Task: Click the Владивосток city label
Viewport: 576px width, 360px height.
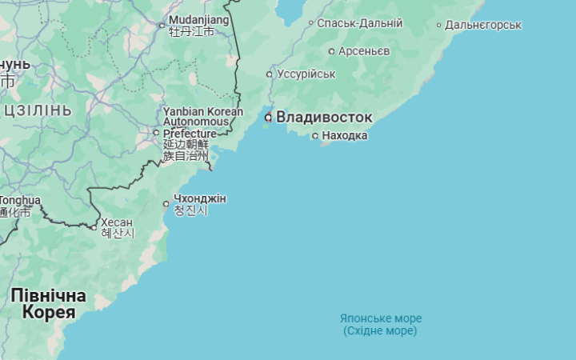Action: (x=324, y=118)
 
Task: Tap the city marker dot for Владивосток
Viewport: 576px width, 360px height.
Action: (x=269, y=118)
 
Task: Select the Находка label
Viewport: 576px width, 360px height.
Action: (x=345, y=136)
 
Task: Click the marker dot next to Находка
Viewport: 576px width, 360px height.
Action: (x=315, y=136)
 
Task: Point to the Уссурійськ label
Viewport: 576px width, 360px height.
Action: (x=306, y=74)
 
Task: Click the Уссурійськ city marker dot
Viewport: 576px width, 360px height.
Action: (x=270, y=74)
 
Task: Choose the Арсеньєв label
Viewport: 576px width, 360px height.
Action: (x=364, y=51)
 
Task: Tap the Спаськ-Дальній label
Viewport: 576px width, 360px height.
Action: (x=359, y=23)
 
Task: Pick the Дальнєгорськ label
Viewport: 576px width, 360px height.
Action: (x=483, y=25)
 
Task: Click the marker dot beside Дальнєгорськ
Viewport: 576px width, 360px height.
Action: (x=438, y=25)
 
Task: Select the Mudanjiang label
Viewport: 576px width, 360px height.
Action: (x=199, y=19)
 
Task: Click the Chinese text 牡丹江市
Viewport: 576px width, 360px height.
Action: (x=192, y=32)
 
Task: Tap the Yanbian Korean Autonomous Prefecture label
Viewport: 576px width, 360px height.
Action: (x=202, y=122)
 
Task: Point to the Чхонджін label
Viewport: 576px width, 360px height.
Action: (x=200, y=198)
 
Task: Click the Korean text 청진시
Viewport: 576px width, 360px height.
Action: (x=190, y=211)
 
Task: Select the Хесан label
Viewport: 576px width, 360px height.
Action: (x=117, y=222)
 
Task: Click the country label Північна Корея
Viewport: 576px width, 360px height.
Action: (x=49, y=304)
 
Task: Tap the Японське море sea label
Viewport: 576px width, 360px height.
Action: (x=381, y=318)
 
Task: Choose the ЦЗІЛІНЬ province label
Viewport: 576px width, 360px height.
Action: (x=38, y=110)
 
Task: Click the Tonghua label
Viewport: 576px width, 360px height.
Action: (x=19, y=200)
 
